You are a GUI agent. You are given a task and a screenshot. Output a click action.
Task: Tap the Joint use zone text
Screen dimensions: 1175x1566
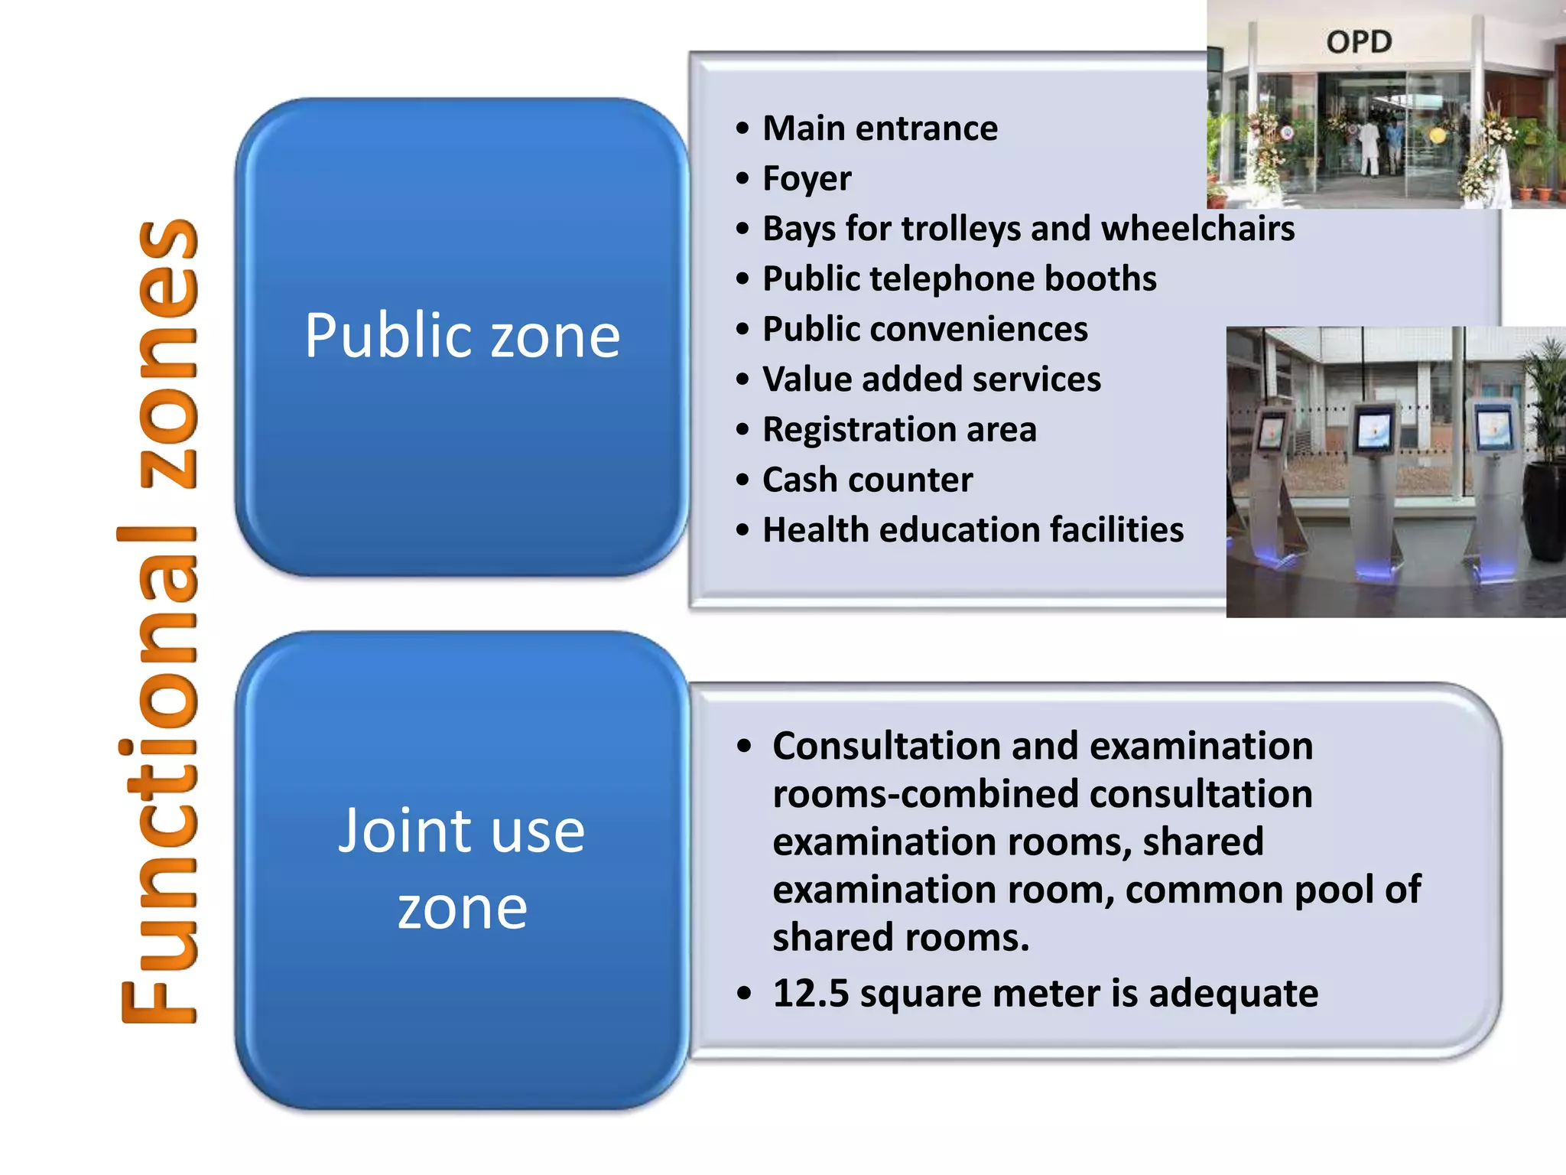[x=462, y=868]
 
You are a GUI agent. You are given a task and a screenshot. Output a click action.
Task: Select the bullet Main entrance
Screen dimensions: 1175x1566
[x=879, y=128]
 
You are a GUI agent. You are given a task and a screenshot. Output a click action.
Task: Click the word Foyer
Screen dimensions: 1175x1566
[x=807, y=178]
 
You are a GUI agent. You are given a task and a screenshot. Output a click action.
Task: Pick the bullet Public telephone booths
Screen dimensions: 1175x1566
[x=959, y=278]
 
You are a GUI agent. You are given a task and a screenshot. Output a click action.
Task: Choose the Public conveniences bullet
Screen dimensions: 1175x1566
[x=924, y=329]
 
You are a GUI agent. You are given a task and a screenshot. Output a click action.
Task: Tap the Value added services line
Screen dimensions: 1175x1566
[x=931, y=379]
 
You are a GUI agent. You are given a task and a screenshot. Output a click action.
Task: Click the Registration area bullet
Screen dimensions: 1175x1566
[x=899, y=429]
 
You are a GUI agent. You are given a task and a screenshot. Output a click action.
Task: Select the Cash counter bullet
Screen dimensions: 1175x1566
[x=867, y=480]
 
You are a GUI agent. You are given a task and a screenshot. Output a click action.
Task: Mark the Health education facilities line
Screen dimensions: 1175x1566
[x=973, y=529]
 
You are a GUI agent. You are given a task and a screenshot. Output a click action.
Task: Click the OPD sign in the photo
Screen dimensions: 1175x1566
[x=1359, y=41]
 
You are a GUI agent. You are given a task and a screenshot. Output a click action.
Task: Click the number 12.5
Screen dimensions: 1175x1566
[x=811, y=993]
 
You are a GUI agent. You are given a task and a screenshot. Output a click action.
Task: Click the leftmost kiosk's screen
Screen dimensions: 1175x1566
[x=1271, y=430]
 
